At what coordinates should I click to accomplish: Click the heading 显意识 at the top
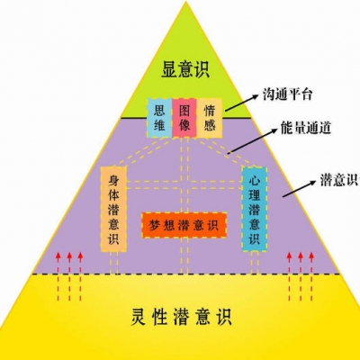[x=185, y=69]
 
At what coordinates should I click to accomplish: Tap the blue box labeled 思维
[x=159, y=118]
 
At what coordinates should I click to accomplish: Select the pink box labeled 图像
[x=184, y=118]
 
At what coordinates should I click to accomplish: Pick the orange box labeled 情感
[x=209, y=118]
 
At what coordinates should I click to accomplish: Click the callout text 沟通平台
[x=287, y=94]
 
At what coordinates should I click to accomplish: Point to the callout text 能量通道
[x=306, y=128]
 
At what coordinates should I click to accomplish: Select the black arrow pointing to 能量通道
[x=252, y=141]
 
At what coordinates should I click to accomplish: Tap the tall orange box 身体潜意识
[x=113, y=209]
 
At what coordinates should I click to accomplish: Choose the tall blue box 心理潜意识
[x=255, y=209]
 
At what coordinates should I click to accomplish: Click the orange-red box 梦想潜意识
[x=184, y=225]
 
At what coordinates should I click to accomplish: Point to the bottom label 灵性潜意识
[x=182, y=317]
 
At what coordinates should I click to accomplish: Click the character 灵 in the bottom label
[x=139, y=317]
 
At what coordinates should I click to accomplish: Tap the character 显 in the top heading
[x=169, y=69]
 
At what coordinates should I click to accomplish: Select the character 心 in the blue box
[x=255, y=181]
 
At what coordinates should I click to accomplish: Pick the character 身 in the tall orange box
[x=113, y=181]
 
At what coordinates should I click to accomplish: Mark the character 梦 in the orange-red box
[x=156, y=225]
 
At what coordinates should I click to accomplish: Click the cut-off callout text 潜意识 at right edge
[x=339, y=180]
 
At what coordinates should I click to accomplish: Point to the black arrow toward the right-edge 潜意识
[x=300, y=189]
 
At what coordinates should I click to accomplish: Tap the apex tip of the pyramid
[x=186, y=1]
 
